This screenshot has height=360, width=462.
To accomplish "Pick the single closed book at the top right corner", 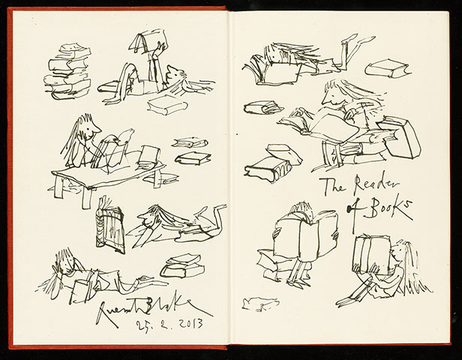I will (387, 70).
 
